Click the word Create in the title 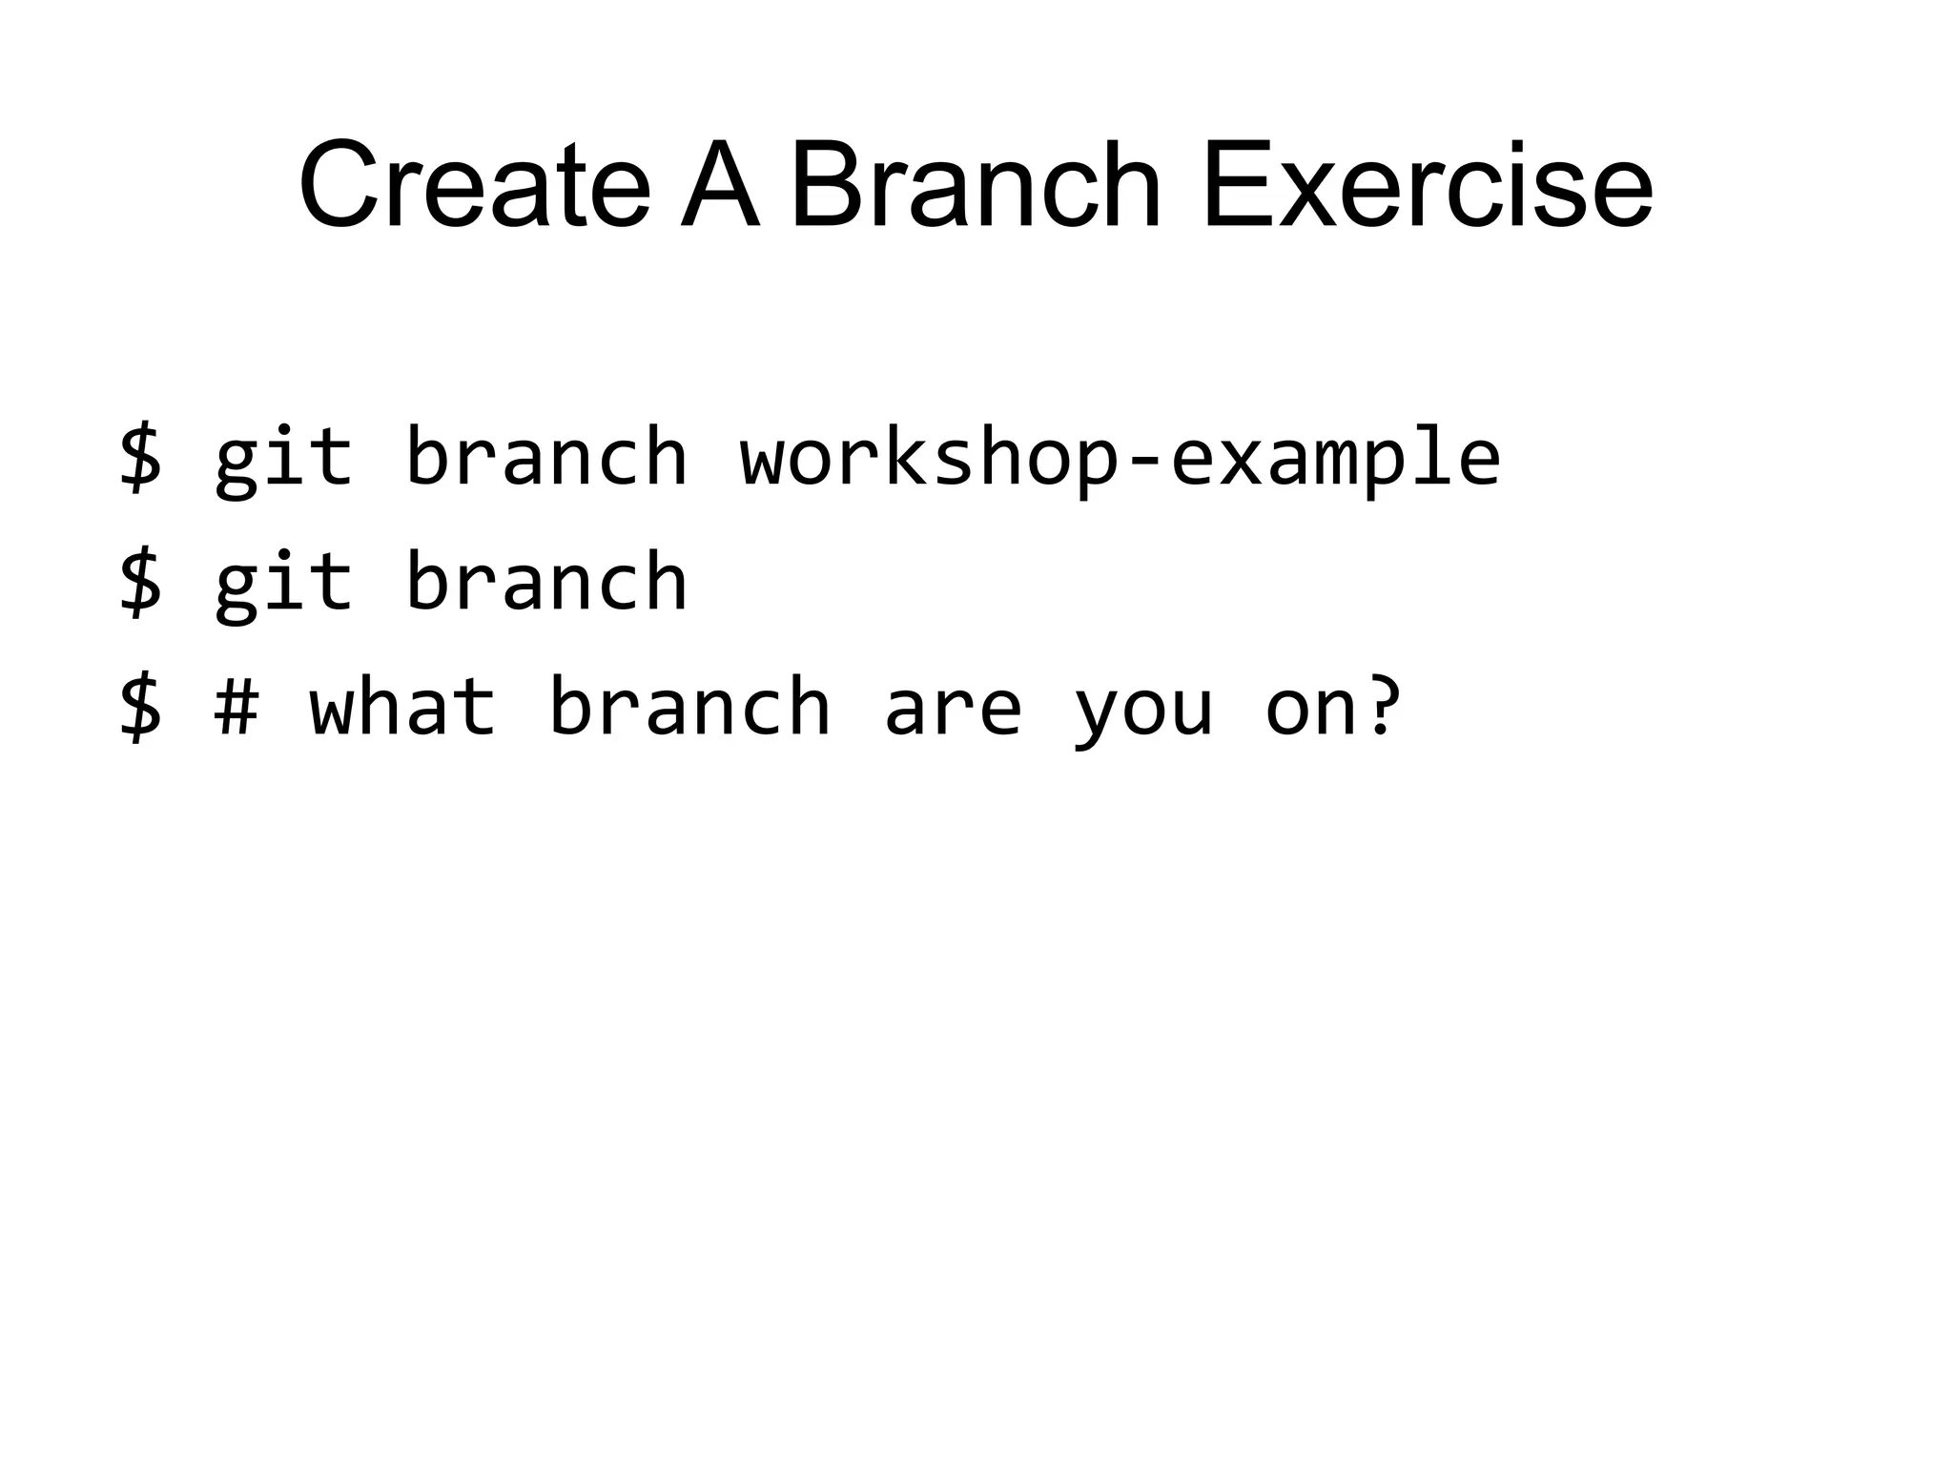(474, 186)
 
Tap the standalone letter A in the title (720, 186)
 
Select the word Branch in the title (976, 186)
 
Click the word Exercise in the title (1427, 186)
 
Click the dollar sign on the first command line (140, 458)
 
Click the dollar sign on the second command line (140, 583)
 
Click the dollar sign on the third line (140, 708)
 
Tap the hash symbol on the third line (236, 708)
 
